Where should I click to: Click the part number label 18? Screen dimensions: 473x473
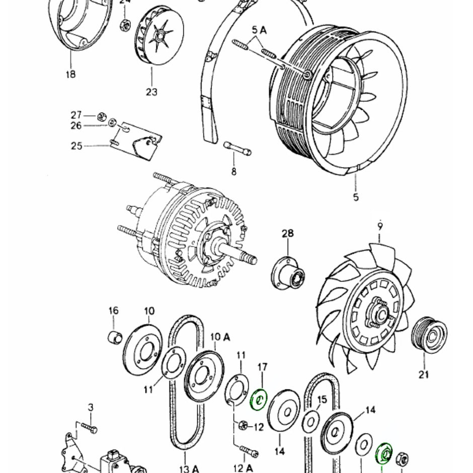tap(70, 74)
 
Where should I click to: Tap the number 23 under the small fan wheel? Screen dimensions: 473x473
tap(151, 92)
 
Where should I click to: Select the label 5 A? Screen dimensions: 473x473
tap(260, 30)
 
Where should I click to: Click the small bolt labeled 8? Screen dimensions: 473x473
tap(237, 148)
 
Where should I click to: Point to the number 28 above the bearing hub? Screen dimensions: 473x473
tap(287, 234)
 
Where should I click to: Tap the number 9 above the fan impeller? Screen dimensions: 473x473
tap(380, 225)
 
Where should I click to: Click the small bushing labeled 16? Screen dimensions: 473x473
tap(114, 336)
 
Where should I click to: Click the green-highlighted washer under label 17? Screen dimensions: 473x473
tap(260, 400)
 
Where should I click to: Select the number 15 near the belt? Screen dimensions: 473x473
tap(322, 400)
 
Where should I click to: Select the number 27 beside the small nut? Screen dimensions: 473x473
tap(76, 115)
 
